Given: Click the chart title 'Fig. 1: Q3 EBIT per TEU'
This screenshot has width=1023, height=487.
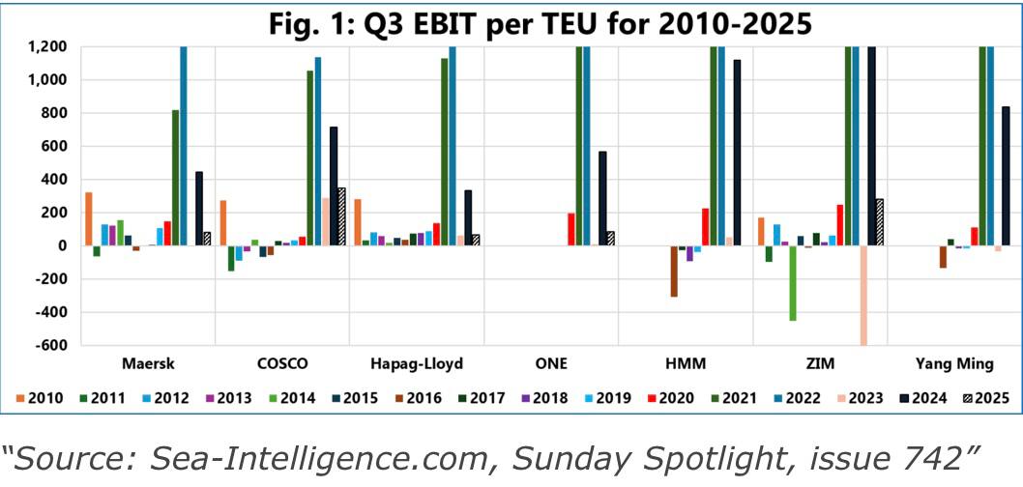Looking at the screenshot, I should click(511, 20).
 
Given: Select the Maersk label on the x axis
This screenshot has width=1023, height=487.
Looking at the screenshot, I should click(148, 364).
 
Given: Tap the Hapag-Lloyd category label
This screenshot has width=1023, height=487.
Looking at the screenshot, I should click(417, 364).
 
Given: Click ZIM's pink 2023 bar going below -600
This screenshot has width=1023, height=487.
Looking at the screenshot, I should click(862, 295).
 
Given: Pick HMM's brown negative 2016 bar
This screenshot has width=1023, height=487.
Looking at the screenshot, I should click(674, 272).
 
